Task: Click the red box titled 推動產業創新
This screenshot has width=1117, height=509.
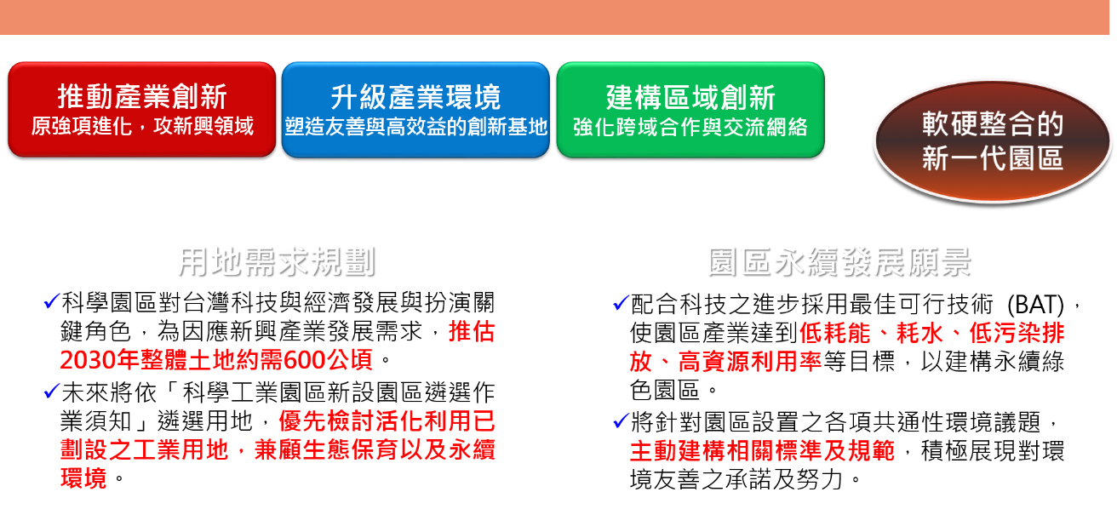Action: pos(141,110)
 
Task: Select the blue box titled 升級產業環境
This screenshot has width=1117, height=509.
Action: pos(415,110)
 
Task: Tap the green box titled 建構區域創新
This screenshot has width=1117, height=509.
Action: pos(690,110)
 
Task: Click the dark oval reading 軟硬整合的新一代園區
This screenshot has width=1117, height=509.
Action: pos(993,141)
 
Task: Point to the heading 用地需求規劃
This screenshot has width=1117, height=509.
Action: pos(277,261)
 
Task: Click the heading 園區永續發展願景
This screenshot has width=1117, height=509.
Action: pos(839,261)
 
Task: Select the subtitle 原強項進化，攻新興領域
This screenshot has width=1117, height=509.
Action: pos(142,126)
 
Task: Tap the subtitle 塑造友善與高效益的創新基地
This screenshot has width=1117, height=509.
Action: pos(415,127)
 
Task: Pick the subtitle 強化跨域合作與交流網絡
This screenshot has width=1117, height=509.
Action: pos(690,127)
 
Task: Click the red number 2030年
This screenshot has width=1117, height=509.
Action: pos(100,359)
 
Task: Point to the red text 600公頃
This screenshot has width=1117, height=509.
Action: pos(328,359)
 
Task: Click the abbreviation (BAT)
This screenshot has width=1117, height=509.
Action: pos(1036,304)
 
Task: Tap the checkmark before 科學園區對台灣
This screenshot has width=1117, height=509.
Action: pos(51,301)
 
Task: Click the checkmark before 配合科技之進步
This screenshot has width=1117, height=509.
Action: pos(621,303)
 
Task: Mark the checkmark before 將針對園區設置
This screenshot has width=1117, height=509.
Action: pos(621,420)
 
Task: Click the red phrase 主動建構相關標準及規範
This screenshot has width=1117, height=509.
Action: pos(762,450)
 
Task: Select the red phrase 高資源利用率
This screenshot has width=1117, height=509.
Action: pos(749,361)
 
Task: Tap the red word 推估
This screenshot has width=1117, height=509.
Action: pos(472,331)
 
